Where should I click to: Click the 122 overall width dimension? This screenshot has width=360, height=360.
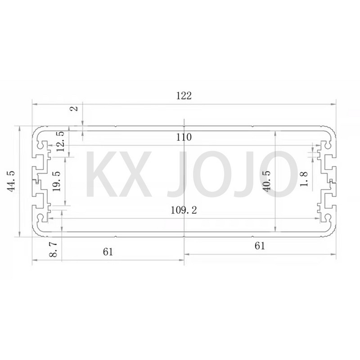[x=184, y=95]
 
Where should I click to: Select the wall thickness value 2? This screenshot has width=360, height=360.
[x=75, y=108]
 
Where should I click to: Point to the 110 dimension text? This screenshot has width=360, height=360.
[x=184, y=138]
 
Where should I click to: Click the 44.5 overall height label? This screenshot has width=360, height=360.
[x=9, y=181]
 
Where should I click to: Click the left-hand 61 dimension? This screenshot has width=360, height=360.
[x=107, y=251]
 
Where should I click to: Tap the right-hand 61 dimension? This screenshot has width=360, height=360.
[x=260, y=246]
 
